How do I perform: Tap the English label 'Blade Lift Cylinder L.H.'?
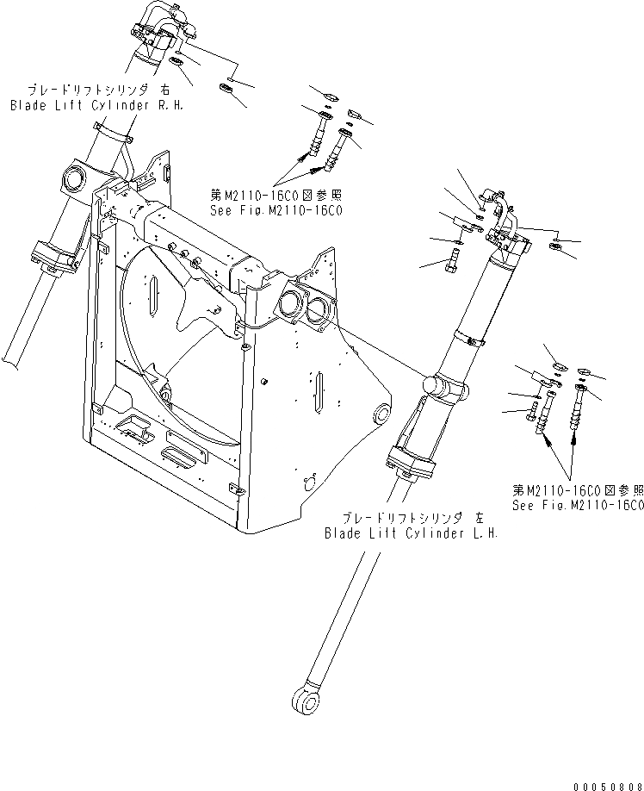412,533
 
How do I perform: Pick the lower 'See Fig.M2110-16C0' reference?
578,506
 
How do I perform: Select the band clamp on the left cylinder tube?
470,338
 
